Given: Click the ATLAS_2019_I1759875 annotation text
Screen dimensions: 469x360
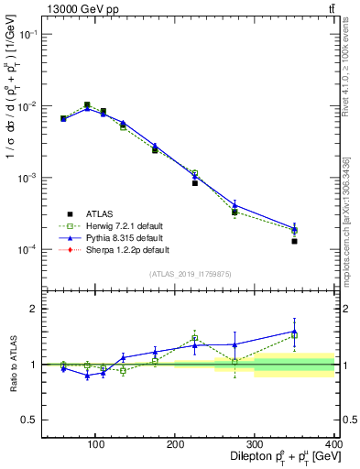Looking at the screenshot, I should tap(190, 273).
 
